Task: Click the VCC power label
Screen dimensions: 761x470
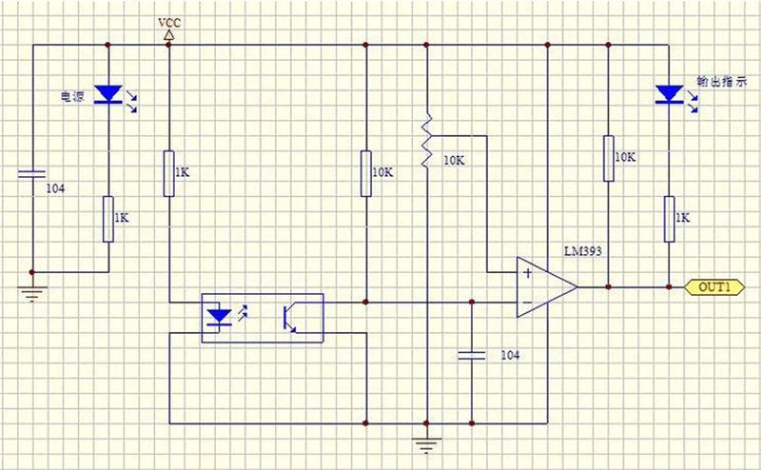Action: [x=169, y=23]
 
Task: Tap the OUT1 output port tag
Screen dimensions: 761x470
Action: [x=714, y=287]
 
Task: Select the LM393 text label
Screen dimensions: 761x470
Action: [x=583, y=251]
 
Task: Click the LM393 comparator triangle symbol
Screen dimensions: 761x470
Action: [x=547, y=287]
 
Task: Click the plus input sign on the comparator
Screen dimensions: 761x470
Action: [x=528, y=273]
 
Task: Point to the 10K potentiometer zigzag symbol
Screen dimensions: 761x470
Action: [x=426, y=141]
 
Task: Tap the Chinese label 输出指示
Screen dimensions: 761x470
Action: [x=722, y=82]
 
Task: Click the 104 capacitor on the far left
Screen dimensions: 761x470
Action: [x=32, y=174]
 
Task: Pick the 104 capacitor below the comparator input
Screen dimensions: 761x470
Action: [x=471, y=356]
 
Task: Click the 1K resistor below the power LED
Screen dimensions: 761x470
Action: [x=108, y=219]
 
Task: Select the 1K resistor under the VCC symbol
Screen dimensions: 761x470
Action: [x=169, y=173]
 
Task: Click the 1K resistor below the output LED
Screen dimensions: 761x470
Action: [x=670, y=219]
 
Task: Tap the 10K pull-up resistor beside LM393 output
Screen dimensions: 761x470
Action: [x=609, y=158]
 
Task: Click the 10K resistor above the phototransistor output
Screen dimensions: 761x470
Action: [x=366, y=173]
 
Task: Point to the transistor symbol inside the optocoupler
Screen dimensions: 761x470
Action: [x=290, y=318]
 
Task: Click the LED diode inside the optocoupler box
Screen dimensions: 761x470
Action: [x=219, y=318]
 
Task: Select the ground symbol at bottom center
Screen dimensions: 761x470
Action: [x=426, y=444]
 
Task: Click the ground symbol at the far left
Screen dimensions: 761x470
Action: [x=32, y=293]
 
